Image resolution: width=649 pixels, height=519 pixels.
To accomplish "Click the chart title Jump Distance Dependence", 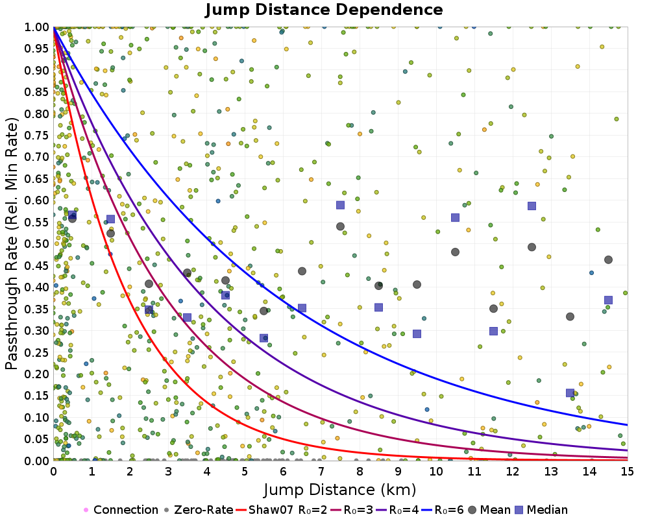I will tap(324, 10).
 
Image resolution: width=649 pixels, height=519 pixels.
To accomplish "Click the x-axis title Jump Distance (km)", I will tap(339, 489).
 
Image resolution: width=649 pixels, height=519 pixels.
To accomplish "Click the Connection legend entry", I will tap(121, 510).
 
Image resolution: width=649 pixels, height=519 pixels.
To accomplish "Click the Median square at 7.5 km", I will tap(340, 205).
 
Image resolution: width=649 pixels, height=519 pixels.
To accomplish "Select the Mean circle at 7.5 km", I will tap(340, 226).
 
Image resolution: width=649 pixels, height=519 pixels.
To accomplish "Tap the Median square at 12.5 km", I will tap(532, 206).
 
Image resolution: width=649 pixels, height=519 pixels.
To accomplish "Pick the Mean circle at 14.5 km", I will tap(608, 259).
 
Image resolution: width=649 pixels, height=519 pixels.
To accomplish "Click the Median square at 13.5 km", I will tap(570, 392).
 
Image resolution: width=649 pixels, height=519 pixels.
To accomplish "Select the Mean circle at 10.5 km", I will tap(455, 252).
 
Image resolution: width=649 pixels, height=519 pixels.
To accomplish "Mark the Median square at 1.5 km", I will tap(110, 219).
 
